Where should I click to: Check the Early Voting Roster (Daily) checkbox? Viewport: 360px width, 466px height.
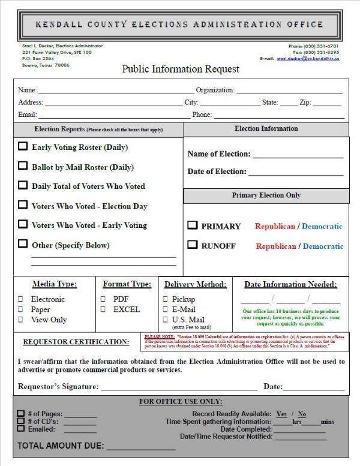tap(23, 146)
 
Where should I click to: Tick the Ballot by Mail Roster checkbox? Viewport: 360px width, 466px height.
tap(23, 166)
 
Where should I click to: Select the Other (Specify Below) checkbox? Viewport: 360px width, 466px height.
tap(23, 244)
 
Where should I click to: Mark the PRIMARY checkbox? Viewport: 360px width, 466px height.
tap(193, 226)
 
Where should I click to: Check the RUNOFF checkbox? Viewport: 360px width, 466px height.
tap(193, 245)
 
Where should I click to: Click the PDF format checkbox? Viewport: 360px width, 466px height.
tap(103, 299)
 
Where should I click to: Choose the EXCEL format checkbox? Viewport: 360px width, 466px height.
tap(103, 309)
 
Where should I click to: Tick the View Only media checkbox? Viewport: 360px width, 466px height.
tap(20, 320)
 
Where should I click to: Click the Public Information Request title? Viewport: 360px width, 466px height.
tap(181, 69)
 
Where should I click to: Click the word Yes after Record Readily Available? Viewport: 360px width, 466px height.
tap(281, 414)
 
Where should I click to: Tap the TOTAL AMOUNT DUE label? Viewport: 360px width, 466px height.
tap(61, 446)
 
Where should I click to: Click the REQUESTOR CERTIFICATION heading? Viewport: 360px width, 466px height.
tap(76, 342)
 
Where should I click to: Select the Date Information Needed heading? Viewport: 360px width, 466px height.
tap(290, 284)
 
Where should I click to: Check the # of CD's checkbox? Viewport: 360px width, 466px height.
tap(21, 422)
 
